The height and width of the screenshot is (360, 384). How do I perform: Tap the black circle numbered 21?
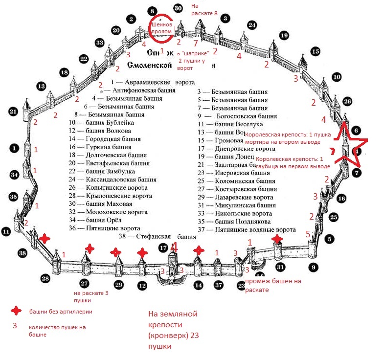pos(13,112)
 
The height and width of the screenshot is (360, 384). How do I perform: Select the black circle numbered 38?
pos(22,253)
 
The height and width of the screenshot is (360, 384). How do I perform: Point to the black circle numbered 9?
pos(314,267)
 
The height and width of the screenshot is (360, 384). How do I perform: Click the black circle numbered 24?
pos(252,24)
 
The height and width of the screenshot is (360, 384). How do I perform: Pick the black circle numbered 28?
pos(45,278)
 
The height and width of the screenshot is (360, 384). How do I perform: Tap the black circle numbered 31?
pos(280,267)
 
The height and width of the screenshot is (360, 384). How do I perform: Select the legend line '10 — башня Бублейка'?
pos(101,122)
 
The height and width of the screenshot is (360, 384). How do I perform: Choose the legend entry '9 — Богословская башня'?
pos(237,116)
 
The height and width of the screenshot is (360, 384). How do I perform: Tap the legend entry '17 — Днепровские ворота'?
pos(237,148)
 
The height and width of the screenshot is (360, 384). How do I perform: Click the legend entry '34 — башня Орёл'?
pos(102,220)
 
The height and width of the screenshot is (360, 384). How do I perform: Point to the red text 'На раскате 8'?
pos(204,9)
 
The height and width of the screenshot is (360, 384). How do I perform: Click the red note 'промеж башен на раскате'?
pos(273,285)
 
